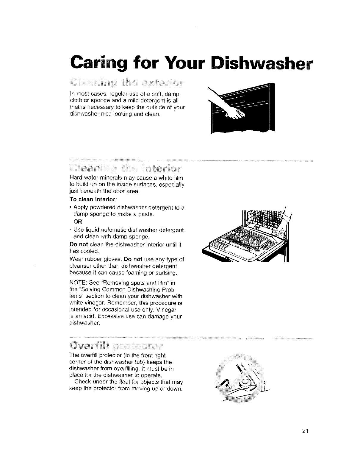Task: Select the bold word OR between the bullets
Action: pos(77,222)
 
